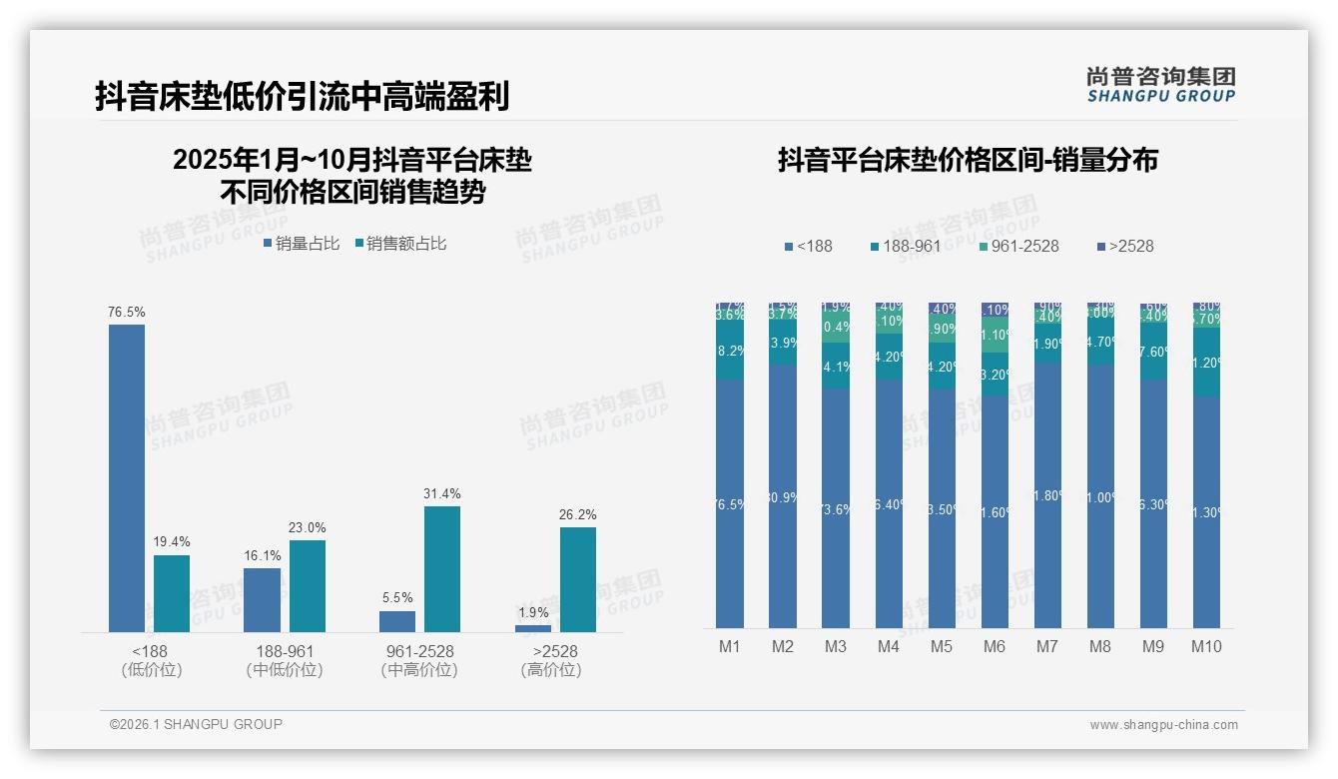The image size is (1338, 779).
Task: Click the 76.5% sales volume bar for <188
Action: coord(127,477)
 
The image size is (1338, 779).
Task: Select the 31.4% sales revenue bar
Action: coord(442,568)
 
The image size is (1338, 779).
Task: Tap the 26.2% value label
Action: coord(578,515)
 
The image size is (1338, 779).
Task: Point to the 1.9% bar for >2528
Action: coord(533,628)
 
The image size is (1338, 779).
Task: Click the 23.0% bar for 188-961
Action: coord(308,585)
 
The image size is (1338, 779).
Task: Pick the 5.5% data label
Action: coord(397,598)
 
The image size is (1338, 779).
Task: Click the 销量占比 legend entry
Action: coord(301,244)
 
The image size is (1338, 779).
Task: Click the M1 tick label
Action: coord(730,647)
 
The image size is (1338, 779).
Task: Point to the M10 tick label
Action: coord(1206,647)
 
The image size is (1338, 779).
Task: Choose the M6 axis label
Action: coord(995,647)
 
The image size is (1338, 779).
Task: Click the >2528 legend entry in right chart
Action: coord(1125,246)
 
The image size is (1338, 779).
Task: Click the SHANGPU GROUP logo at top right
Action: coord(1160,84)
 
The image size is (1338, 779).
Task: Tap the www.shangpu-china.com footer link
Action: coord(1163,725)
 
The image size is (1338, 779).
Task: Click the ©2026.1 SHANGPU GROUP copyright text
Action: coord(196,724)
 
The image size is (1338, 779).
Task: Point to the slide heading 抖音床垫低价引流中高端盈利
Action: coord(302,97)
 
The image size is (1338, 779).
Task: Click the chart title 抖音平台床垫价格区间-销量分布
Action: coord(968,161)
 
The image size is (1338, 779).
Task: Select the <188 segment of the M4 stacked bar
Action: coord(889,504)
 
